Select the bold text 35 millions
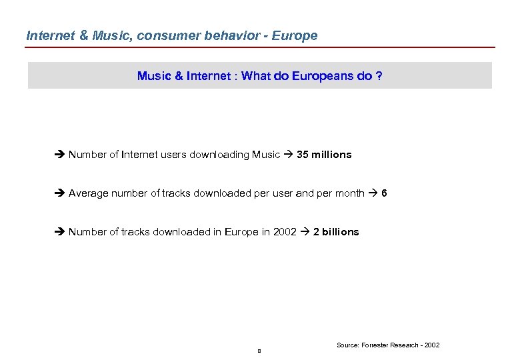324,155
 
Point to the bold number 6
385,193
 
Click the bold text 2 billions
336,232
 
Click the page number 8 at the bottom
259,351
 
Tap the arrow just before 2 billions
305,232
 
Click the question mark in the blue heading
379,76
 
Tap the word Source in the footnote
347,345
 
